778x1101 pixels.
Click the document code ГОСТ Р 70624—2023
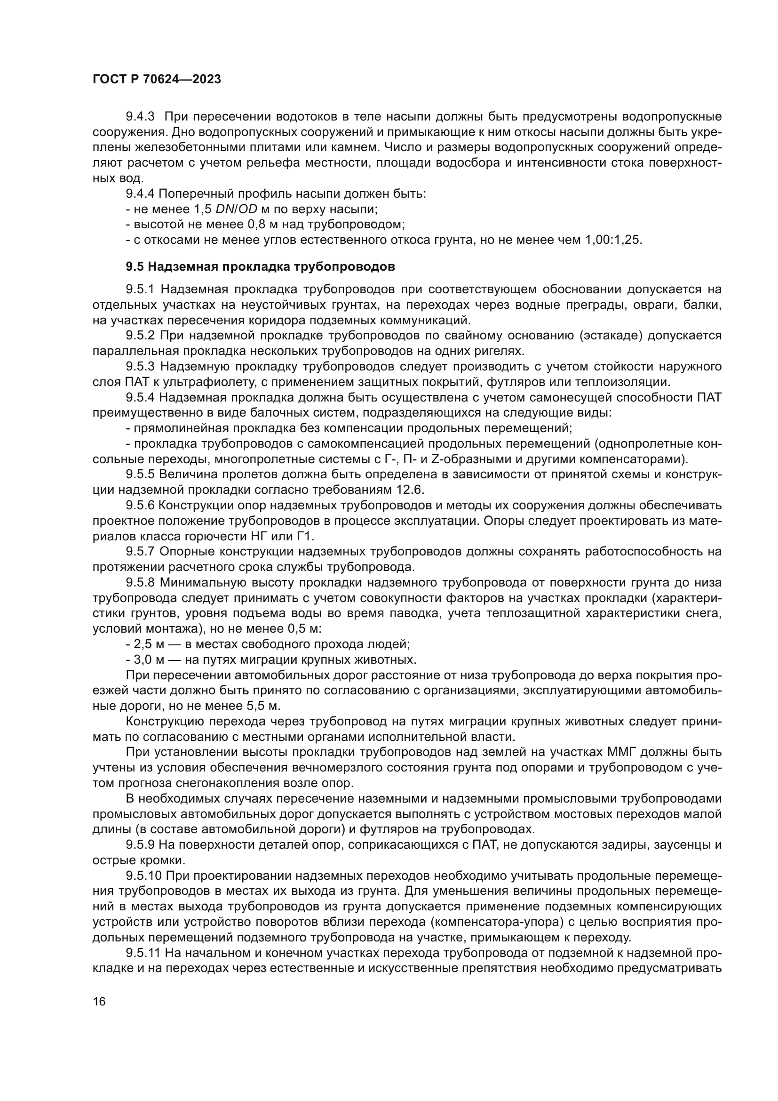[x=157, y=80]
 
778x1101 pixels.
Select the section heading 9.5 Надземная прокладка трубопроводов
[x=260, y=266]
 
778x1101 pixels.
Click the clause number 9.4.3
[x=140, y=117]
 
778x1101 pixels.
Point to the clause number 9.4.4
[x=140, y=194]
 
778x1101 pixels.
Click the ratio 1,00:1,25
[x=613, y=240]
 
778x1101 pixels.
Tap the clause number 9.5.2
[x=140, y=336]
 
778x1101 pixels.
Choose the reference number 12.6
[x=411, y=490]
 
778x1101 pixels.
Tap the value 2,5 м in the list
[x=149, y=644]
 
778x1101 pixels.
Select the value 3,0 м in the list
[x=149, y=659]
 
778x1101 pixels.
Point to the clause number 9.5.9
[x=140, y=844]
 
